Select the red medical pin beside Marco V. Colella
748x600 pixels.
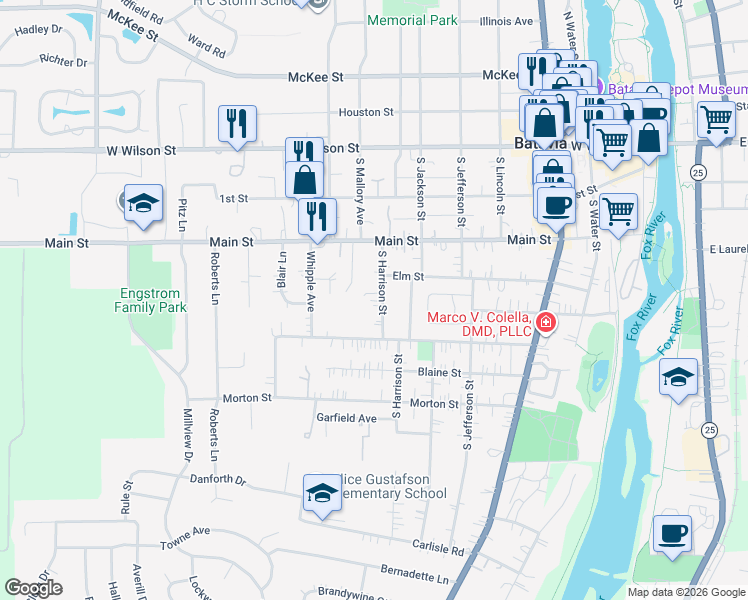pos(546,322)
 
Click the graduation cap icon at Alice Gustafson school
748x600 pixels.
pos(322,494)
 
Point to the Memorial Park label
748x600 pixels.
pos(412,20)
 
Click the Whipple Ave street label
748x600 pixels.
pos(311,284)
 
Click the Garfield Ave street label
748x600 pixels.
pos(346,418)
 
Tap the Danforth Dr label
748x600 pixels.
pos(217,480)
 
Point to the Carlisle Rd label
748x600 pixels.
pos(438,549)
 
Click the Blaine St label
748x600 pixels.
pos(439,372)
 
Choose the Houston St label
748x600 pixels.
pos(366,113)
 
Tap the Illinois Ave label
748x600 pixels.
pos(506,21)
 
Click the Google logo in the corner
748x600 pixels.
pos(33,588)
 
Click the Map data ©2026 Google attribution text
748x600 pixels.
pos(685,592)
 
